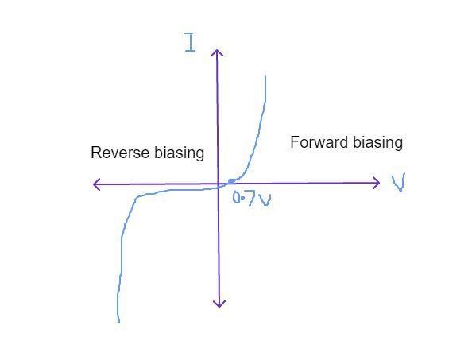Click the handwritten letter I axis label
coord(190,42)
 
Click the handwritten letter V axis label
coord(399,182)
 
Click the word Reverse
coord(120,153)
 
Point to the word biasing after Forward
coord(377,143)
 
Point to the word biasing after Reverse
coord(180,153)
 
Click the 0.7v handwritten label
coord(252,199)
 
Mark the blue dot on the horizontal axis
coord(231,181)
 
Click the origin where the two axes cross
coord(219,184)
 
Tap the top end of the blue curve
coord(265,76)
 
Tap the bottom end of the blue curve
coord(119,323)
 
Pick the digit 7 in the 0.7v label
coord(252,199)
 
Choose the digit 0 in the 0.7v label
coord(237,199)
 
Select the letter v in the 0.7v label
coord(265,199)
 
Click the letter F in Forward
coord(294,142)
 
